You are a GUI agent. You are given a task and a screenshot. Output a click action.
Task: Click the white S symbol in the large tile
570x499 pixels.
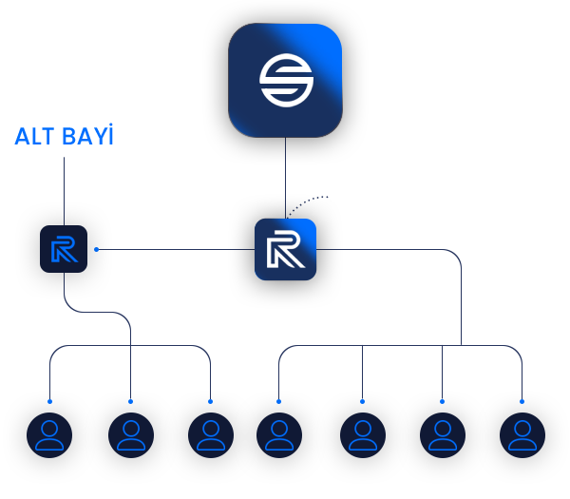tap(286, 81)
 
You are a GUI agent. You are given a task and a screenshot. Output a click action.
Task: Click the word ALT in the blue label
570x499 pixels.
tap(35, 136)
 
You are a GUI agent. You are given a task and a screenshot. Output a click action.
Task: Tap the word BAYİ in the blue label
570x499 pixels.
tap(87, 134)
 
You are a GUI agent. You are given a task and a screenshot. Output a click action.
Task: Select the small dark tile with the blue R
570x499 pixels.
tap(64, 249)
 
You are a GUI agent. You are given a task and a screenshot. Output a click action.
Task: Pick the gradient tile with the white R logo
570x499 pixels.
tap(285, 249)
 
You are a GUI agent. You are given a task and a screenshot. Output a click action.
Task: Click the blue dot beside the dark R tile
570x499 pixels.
tap(96, 249)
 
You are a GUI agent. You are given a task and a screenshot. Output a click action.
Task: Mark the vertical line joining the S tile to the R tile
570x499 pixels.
tap(285, 178)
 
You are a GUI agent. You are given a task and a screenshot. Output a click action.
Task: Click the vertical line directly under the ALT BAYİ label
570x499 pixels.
tap(64, 191)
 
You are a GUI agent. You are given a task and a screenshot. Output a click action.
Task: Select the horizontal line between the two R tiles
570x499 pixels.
tap(177, 249)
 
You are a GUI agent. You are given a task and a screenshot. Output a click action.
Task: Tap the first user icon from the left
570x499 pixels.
tap(49, 435)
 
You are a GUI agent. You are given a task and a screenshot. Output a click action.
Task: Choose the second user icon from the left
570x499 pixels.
tap(131, 435)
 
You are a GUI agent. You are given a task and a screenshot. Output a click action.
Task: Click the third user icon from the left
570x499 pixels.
tap(211, 435)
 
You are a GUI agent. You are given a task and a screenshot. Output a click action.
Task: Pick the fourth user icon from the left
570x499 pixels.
tap(279, 435)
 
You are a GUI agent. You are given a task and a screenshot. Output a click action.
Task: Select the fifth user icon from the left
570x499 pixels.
tap(363, 435)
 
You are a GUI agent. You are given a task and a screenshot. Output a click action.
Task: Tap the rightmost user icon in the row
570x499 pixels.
tap(522, 435)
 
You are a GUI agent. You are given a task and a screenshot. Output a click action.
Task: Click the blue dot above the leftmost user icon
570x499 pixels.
tap(49, 401)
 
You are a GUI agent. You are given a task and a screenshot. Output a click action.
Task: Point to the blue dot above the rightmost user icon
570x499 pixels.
tap(522, 401)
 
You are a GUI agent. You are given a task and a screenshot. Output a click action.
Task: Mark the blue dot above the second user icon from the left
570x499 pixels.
tap(130, 401)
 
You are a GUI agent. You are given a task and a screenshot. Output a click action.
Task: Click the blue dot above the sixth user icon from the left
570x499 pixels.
tap(442, 401)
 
